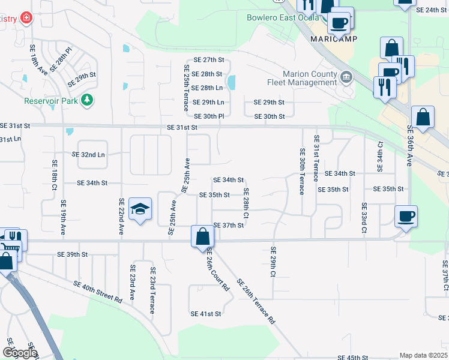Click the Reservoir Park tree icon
pos(88,100)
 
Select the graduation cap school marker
pos(140,209)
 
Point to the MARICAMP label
pos(334,39)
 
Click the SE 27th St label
pos(204,60)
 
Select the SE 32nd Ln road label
pos(88,154)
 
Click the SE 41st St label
pos(206,314)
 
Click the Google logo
pos(20,353)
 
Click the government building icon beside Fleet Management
pos(346,77)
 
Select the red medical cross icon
pos(26,19)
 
